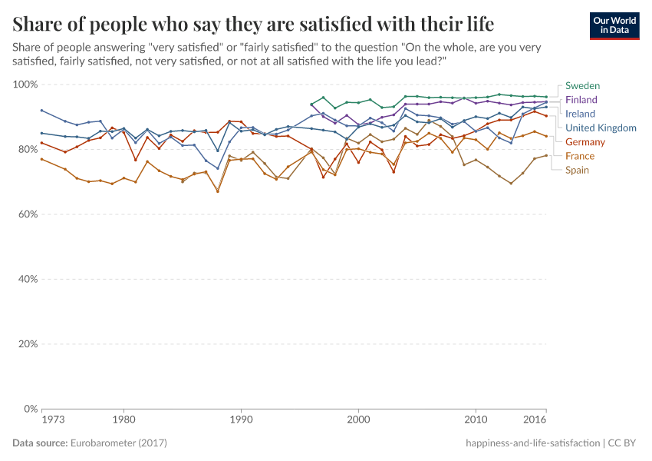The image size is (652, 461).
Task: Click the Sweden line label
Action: point(582,85)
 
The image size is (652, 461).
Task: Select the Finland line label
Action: point(581,100)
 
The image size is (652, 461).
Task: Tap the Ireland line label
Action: point(580,114)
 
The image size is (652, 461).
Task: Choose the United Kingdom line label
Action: point(601,128)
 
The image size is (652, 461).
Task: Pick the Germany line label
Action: point(585,142)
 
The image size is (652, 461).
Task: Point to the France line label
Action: point(580,156)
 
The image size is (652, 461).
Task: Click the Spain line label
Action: point(578,170)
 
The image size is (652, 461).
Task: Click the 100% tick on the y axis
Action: point(26,85)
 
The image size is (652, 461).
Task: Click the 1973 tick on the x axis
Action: point(52,421)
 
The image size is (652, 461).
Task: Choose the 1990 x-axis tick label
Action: point(241,421)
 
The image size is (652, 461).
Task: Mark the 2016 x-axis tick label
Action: point(535,421)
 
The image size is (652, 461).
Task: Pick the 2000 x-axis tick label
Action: point(358,421)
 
